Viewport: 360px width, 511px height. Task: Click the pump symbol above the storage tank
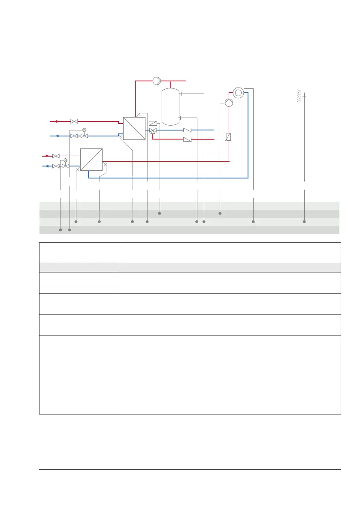157,81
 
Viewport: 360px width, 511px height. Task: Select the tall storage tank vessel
170,106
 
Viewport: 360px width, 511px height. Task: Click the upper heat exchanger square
134,128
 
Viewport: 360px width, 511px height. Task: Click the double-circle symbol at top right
238,92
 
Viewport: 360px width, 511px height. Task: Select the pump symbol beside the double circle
229,103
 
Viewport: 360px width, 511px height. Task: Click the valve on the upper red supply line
74,121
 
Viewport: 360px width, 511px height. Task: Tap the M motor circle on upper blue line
84,130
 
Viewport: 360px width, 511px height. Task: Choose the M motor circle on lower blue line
66,160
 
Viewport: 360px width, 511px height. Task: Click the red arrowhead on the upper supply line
57,121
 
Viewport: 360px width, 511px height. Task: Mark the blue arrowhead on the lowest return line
46,166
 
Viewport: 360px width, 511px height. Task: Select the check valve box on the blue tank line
187,130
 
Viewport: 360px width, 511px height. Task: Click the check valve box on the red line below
187,139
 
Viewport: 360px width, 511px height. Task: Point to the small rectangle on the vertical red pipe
229,137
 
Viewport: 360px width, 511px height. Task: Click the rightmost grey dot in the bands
304,222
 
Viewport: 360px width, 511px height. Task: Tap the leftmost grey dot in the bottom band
61,230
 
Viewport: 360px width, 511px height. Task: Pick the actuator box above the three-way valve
153,123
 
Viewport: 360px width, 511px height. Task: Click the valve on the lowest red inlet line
56,156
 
